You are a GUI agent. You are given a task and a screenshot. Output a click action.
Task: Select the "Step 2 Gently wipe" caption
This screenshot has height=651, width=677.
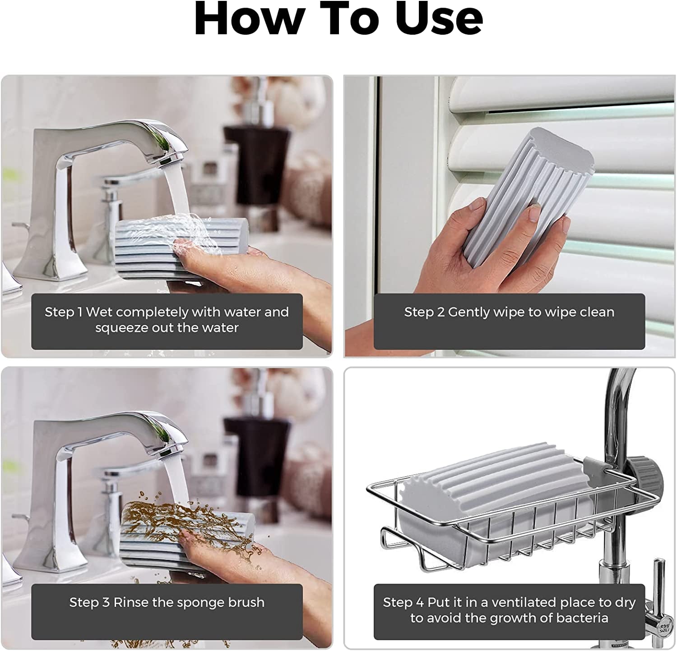pos(509,312)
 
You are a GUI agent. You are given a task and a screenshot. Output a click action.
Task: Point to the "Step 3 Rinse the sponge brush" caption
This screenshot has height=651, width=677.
pos(167,602)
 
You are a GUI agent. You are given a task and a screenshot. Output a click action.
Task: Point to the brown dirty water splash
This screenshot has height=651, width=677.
pos(149,518)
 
